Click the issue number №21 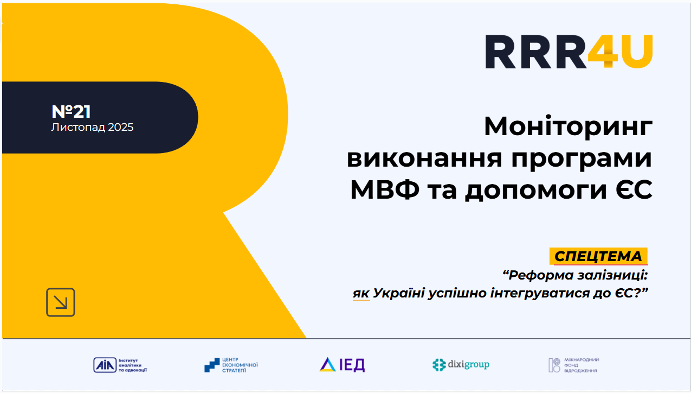click(71, 111)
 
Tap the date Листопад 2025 click(92, 128)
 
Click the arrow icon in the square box click(61, 302)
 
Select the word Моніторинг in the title click(568, 127)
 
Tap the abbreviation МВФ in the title click(385, 189)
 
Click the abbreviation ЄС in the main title click(634, 189)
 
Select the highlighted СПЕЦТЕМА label click(598, 256)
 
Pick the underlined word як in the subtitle click(361, 293)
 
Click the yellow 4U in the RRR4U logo click(621, 51)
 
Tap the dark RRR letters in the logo click(536, 51)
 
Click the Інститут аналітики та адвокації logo click(120, 365)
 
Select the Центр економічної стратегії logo click(231, 365)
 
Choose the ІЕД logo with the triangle click(342, 365)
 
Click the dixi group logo click(461, 365)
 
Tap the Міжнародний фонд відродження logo click(574, 365)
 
